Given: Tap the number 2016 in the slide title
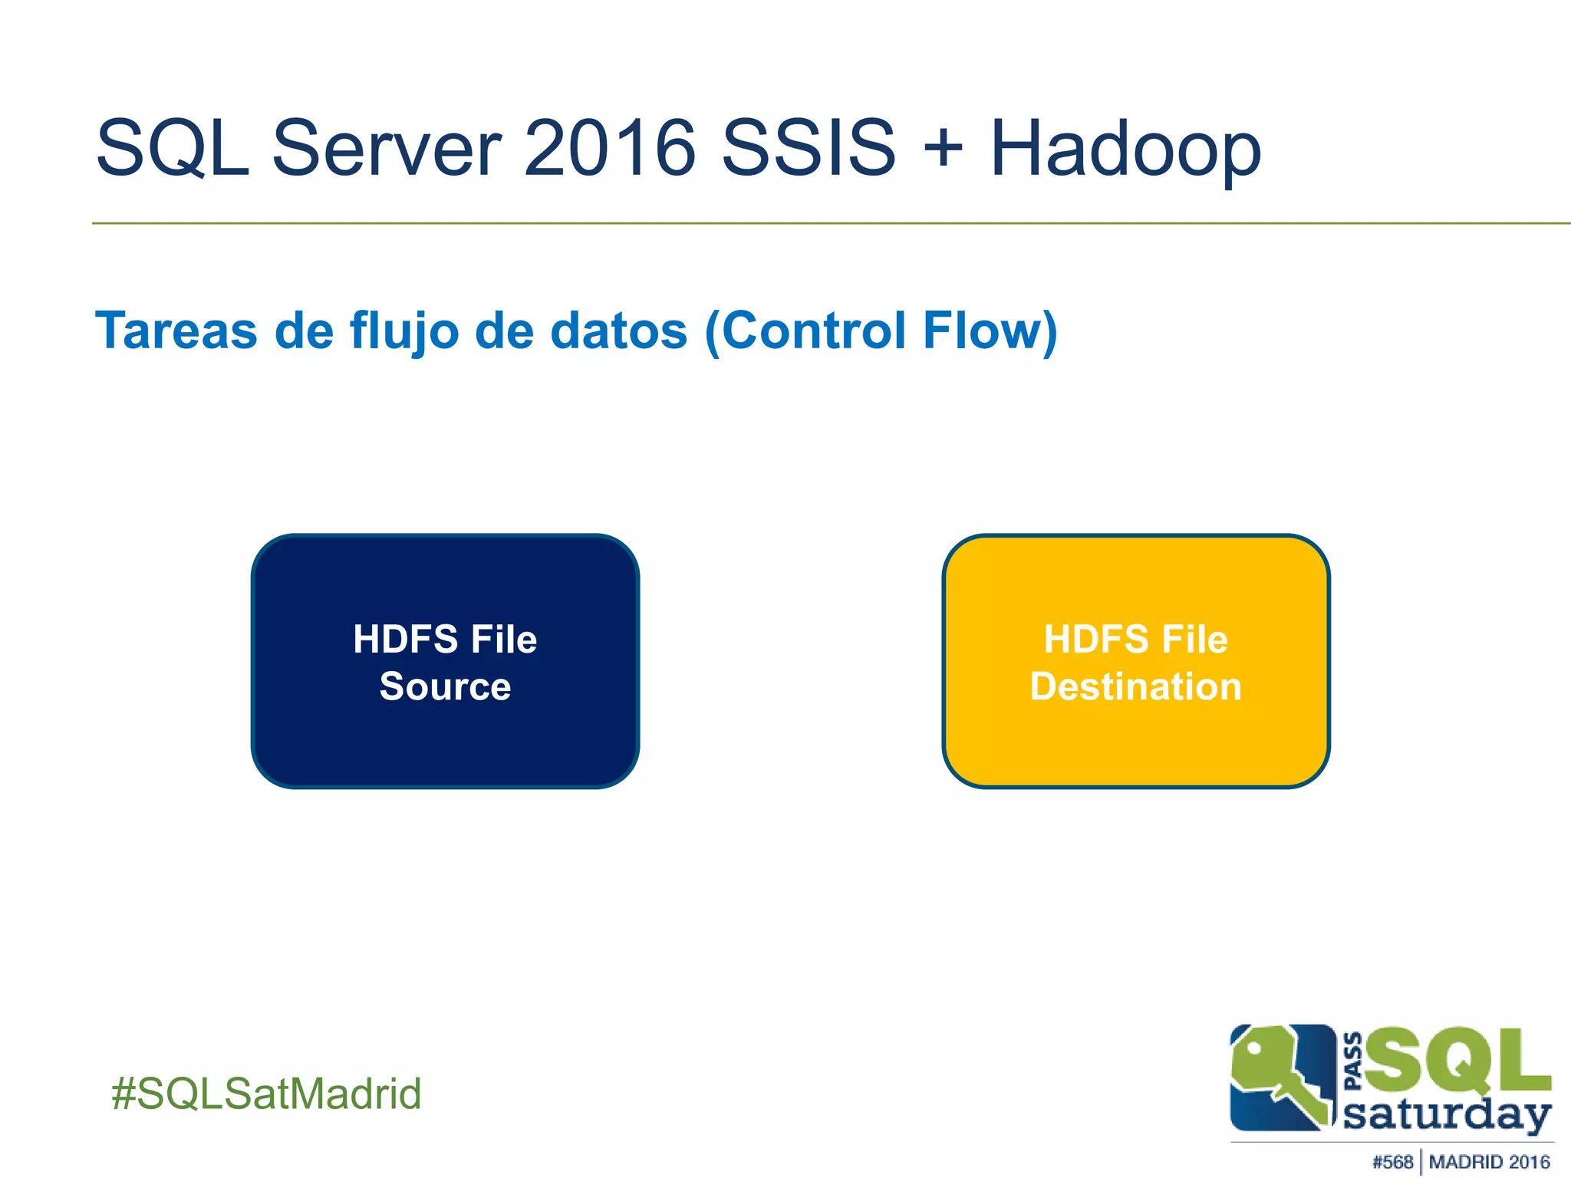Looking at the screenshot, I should pyautogui.click(x=609, y=147).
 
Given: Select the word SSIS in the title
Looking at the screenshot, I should pyautogui.click(x=809, y=147).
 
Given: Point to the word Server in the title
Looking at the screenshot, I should pyautogui.click(x=387, y=147).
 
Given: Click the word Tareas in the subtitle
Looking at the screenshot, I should pyautogui.click(x=176, y=331).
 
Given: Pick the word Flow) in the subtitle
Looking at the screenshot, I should pyautogui.click(x=990, y=331).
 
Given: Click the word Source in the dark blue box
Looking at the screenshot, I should pyautogui.click(x=445, y=686).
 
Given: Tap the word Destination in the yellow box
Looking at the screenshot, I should pyautogui.click(x=1135, y=686).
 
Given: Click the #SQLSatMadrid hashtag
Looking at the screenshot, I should pyautogui.click(x=266, y=1093).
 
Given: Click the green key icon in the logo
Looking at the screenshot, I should pyautogui.click(x=1277, y=1074).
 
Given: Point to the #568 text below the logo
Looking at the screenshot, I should pyautogui.click(x=1392, y=1162).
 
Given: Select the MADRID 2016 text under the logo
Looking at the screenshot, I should pyautogui.click(x=1489, y=1162).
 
